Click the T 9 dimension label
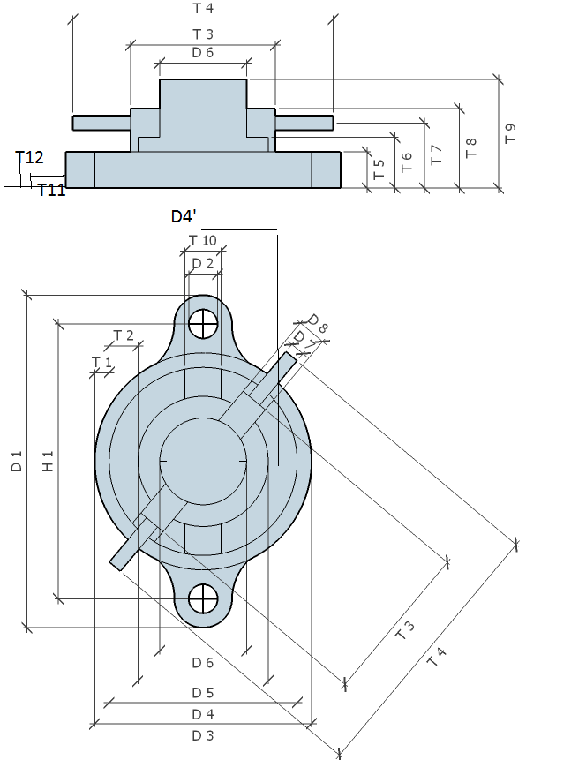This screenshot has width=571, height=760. pyautogui.click(x=510, y=134)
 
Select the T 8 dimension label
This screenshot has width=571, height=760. pyautogui.click(x=470, y=147)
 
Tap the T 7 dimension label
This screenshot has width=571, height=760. pyautogui.click(x=436, y=155)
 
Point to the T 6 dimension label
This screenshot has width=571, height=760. pyautogui.click(x=406, y=162)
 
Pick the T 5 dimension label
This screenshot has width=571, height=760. pyautogui.click(x=379, y=169)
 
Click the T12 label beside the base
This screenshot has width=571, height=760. pyautogui.click(x=29, y=157)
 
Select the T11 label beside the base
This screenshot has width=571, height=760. pyautogui.click(x=51, y=189)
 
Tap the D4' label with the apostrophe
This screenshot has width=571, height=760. pyautogui.click(x=189, y=216)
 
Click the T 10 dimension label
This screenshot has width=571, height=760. pyautogui.click(x=202, y=240)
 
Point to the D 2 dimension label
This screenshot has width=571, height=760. pyautogui.click(x=202, y=263)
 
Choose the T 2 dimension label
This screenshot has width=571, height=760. pyautogui.click(x=124, y=335)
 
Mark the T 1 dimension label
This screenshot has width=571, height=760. pyautogui.click(x=102, y=362)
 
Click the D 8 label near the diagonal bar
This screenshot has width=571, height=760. pyautogui.click(x=318, y=324)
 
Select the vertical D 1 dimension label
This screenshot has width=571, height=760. pyautogui.click(x=16, y=461)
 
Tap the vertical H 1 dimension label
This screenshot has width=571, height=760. pyautogui.click(x=48, y=461)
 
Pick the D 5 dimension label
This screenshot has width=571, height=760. pyautogui.click(x=202, y=693)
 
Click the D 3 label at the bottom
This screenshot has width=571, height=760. pyautogui.click(x=202, y=735)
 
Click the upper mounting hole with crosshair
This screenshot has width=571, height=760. pyautogui.click(x=204, y=324)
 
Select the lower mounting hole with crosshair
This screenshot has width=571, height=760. pyautogui.click(x=204, y=598)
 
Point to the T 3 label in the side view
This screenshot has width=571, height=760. pyautogui.click(x=203, y=34)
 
